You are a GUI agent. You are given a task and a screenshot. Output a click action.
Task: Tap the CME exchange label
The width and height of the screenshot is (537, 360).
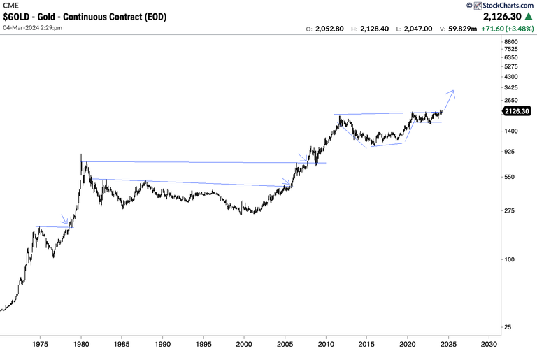click(x=10, y=5)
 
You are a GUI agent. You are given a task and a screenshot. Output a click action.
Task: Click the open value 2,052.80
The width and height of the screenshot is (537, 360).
click(x=329, y=29)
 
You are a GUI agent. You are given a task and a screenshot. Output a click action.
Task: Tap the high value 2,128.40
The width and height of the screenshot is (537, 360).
click(x=375, y=29)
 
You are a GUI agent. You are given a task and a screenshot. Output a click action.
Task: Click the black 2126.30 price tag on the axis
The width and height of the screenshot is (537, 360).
click(x=516, y=111)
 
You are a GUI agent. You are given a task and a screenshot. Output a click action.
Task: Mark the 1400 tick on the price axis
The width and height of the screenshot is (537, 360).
click(x=510, y=131)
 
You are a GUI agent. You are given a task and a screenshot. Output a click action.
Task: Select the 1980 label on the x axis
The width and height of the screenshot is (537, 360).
click(x=81, y=344)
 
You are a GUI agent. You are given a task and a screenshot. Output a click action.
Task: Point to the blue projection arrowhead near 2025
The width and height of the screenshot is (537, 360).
click(x=453, y=91)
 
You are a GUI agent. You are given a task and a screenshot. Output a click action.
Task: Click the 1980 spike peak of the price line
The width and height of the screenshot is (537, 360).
click(x=82, y=155)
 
